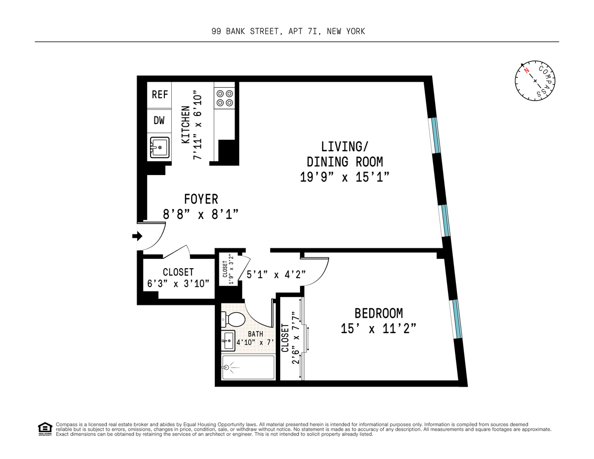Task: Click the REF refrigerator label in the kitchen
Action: [x=159, y=95]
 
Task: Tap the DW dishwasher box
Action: [x=159, y=120]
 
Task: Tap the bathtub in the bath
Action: [x=248, y=368]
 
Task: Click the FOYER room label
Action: [x=201, y=199]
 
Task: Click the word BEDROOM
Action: [x=378, y=313]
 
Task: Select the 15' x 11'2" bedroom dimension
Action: [x=378, y=328]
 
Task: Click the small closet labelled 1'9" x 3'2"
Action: [x=228, y=273]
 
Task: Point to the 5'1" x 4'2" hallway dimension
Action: [x=276, y=273]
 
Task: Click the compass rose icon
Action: [x=534, y=81]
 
